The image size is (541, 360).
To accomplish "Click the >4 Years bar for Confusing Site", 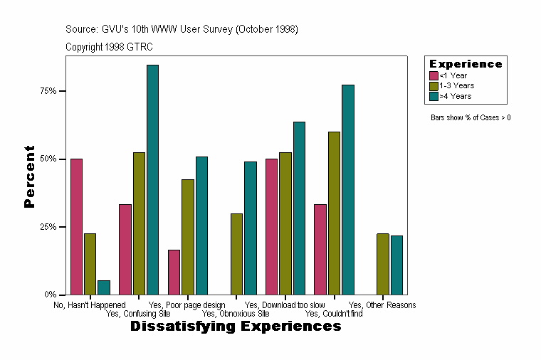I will (x=152, y=179).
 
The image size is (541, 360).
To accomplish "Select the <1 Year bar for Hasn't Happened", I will (x=76, y=226).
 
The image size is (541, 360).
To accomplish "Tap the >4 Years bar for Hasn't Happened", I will (x=104, y=287).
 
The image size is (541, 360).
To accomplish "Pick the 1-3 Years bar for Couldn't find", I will (x=334, y=213).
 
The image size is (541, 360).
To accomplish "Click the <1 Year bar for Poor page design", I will (x=174, y=272).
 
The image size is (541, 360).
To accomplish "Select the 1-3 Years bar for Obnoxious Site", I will (x=236, y=254).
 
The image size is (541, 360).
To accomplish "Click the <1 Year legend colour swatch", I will (x=434, y=75).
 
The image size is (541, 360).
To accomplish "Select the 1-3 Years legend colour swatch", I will (x=434, y=85).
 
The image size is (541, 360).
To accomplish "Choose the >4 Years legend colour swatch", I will (x=434, y=95).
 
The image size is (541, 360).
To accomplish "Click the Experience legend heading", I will (x=465, y=64).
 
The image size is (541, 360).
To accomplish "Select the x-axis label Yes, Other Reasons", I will (x=382, y=305).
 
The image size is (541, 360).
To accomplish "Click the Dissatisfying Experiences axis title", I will (x=236, y=327).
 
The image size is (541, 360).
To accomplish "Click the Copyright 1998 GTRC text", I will (x=109, y=47).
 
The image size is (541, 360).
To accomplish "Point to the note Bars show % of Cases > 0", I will (x=471, y=117).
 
